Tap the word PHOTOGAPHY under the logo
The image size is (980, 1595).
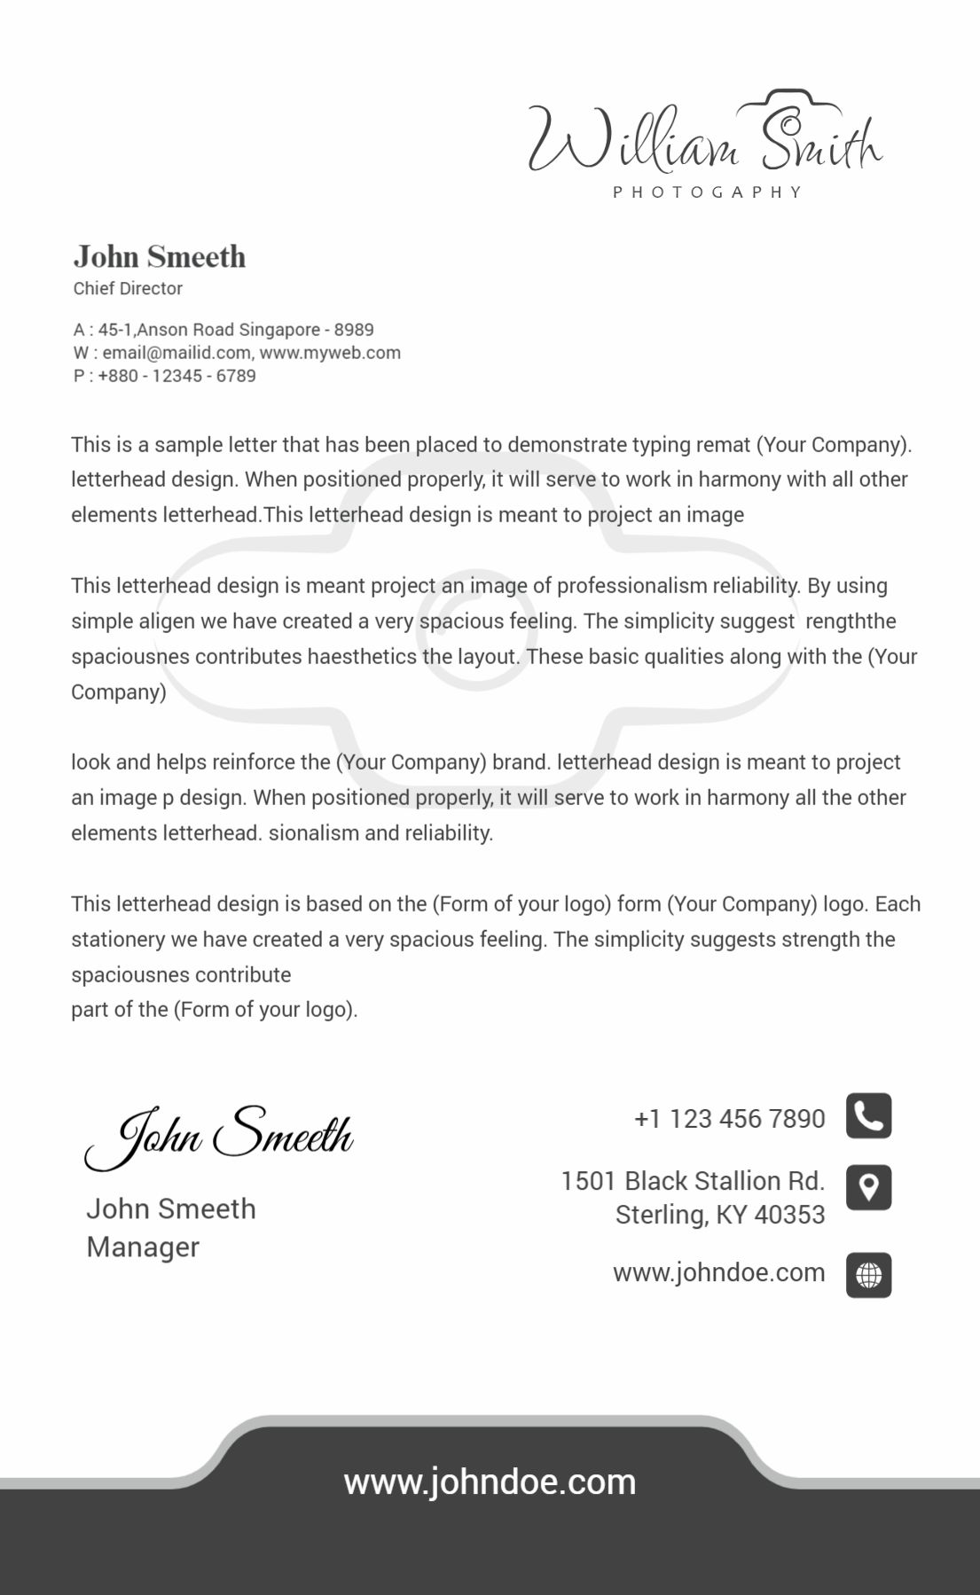(x=708, y=192)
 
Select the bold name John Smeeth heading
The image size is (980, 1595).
(x=160, y=257)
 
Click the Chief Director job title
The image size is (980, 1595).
(x=128, y=288)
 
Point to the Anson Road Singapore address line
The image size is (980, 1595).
(x=235, y=330)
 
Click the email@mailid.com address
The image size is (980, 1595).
(x=176, y=353)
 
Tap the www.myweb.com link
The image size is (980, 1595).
(x=330, y=353)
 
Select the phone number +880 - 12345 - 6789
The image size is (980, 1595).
(x=176, y=376)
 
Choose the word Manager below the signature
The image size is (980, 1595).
(x=143, y=1247)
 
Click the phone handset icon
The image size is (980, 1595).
(x=868, y=1116)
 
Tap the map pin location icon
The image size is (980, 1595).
(x=868, y=1187)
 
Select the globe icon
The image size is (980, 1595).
(x=868, y=1275)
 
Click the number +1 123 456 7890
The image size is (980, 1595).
(x=729, y=1119)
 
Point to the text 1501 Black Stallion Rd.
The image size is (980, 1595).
(x=693, y=1181)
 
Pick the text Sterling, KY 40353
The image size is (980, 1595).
(x=720, y=1215)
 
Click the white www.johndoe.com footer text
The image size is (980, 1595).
(x=490, y=1482)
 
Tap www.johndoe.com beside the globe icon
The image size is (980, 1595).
(x=718, y=1273)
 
